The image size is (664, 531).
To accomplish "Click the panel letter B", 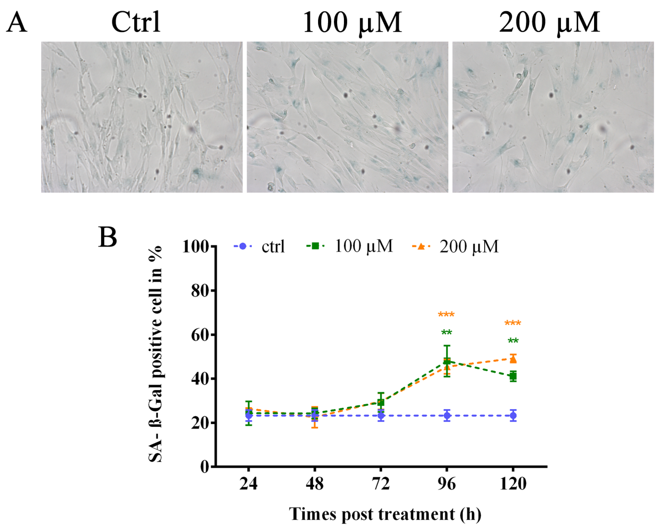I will point(108,237).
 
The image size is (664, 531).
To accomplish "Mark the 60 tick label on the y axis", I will point(200,335).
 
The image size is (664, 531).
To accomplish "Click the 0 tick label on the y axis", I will point(204,467).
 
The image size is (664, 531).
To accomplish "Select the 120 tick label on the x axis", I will point(513,484).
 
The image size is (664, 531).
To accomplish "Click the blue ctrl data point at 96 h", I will point(447,416).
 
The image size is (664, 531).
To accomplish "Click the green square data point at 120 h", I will point(513,376).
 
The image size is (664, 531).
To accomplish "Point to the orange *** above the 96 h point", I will point(446,315).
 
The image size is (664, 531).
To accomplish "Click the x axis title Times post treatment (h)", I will point(385,514).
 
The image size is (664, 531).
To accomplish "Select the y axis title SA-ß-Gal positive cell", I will point(155,354).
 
